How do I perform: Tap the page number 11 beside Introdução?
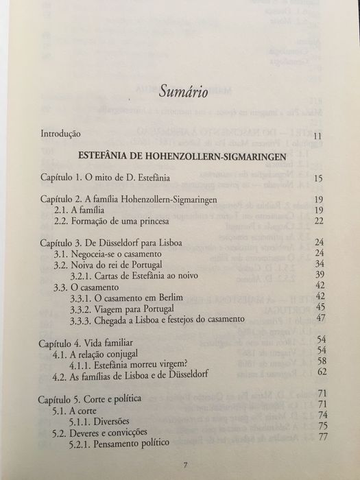pyautogui.click(x=317, y=136)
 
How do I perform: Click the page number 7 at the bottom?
pyautogui.click(x=184, y=467)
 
